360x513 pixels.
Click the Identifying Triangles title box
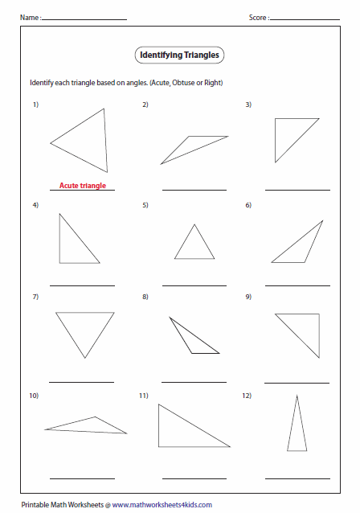(x=178, y=55)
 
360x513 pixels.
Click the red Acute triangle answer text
(x=82, y=186)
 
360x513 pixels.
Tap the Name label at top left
(x=28, y=17)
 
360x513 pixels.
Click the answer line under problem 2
(x=194, y=190)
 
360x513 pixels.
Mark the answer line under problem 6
(x=297, y=285)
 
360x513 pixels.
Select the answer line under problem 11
(x=194, y=478)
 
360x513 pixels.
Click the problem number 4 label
(x=35, y=205)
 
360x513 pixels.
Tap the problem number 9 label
(x=248, y=298)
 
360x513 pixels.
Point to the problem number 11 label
(x=143, y=396)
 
